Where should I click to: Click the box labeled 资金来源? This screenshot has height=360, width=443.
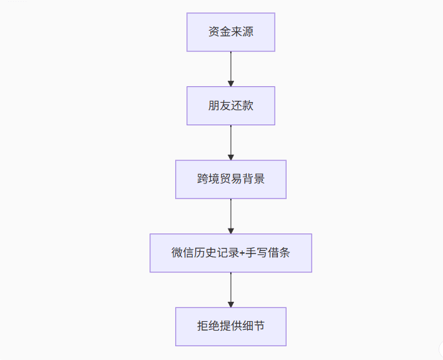(231, 32)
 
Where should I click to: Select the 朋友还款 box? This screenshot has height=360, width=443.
(231, 106)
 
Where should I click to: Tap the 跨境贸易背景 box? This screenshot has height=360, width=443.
(231, 179)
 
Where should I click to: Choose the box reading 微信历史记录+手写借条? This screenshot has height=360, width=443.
(231, 253)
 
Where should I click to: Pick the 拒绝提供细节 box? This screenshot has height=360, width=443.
(231, 327)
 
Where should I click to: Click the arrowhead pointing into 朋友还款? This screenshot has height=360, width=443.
(231, 84)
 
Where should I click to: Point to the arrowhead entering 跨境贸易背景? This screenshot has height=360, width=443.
(231, 157)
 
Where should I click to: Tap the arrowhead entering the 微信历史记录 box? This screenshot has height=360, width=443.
(231, 231)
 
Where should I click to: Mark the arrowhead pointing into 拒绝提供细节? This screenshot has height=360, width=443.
(231, 304)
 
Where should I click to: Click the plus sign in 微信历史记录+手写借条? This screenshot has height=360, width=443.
(242, 253)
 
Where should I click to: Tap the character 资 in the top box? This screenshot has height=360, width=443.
(214, 32)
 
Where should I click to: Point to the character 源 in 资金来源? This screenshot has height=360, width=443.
(248, 32)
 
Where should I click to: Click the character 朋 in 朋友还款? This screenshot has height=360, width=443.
(214, 105)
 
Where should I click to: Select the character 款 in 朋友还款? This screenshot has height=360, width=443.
(248, 105)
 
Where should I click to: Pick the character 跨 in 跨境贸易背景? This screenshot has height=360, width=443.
(203, 179)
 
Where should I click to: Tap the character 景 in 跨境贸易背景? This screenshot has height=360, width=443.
(259, 179)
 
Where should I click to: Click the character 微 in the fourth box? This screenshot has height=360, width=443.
(177, 252)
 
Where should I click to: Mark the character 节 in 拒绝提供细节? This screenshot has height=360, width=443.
(259, 326)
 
